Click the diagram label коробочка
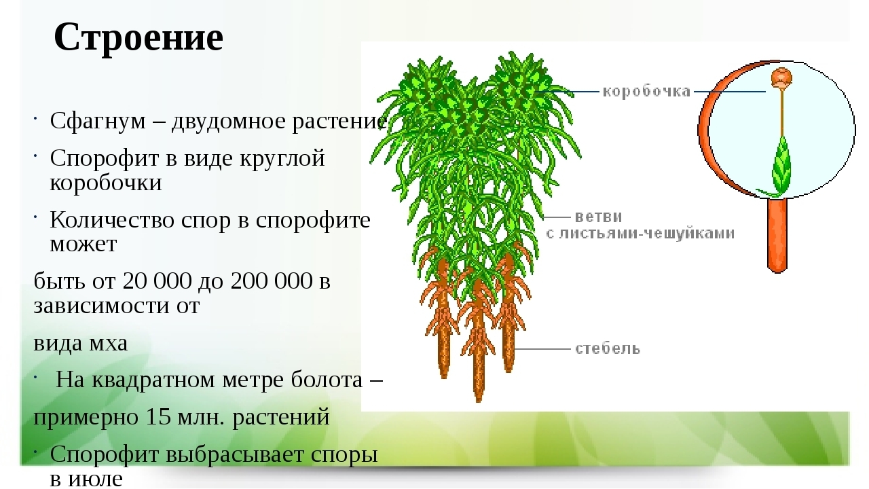point(647,92)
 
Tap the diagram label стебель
point(608,348)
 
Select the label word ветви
point(598,216)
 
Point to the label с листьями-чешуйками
point(640,233)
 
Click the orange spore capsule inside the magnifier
point(781,78)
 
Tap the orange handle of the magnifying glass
point(777,235)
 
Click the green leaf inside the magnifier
point(781,165)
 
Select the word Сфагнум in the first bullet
point(98,121)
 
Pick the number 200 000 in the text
point(271,280)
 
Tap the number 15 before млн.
point(159,417)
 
